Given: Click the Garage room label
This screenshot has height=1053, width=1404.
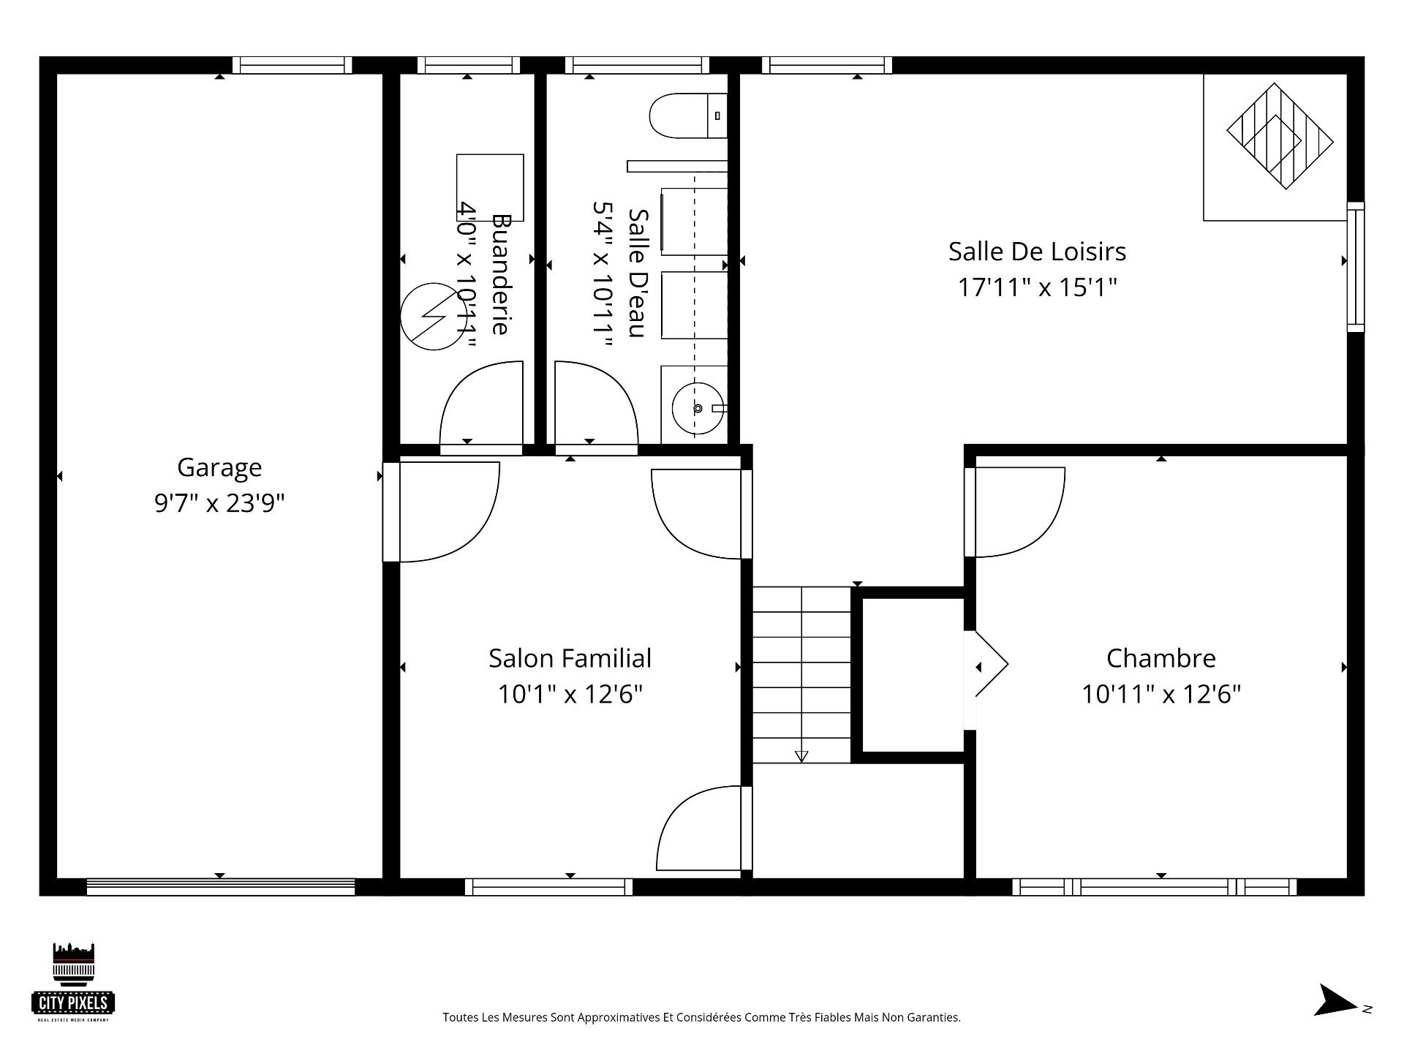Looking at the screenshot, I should (x=219, y=467).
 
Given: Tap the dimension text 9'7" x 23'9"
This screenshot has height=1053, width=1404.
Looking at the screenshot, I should (x=219, y=503).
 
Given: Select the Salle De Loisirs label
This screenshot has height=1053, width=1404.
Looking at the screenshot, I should (x=1037, y=252).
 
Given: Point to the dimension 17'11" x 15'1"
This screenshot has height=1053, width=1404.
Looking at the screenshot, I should (x=1037, y=287).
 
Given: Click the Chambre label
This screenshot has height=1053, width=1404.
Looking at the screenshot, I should (x=1160, y=658).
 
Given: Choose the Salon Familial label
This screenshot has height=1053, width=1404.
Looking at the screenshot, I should (x=570, y=658).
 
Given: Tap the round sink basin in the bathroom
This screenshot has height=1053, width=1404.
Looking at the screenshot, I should (x=695, y=408).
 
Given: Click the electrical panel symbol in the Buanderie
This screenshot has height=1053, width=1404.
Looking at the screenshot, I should (x=434, y=317).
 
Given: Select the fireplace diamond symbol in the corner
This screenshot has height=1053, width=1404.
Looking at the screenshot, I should (x=1280, y=137).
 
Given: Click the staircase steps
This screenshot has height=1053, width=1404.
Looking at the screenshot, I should (x=801, y=673).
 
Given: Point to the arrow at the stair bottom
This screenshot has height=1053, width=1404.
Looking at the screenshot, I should (x=801, y=756).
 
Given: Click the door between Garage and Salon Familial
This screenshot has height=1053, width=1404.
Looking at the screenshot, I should (x=446, y=512).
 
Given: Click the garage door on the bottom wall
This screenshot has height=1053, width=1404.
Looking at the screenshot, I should (x=220, y=887).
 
